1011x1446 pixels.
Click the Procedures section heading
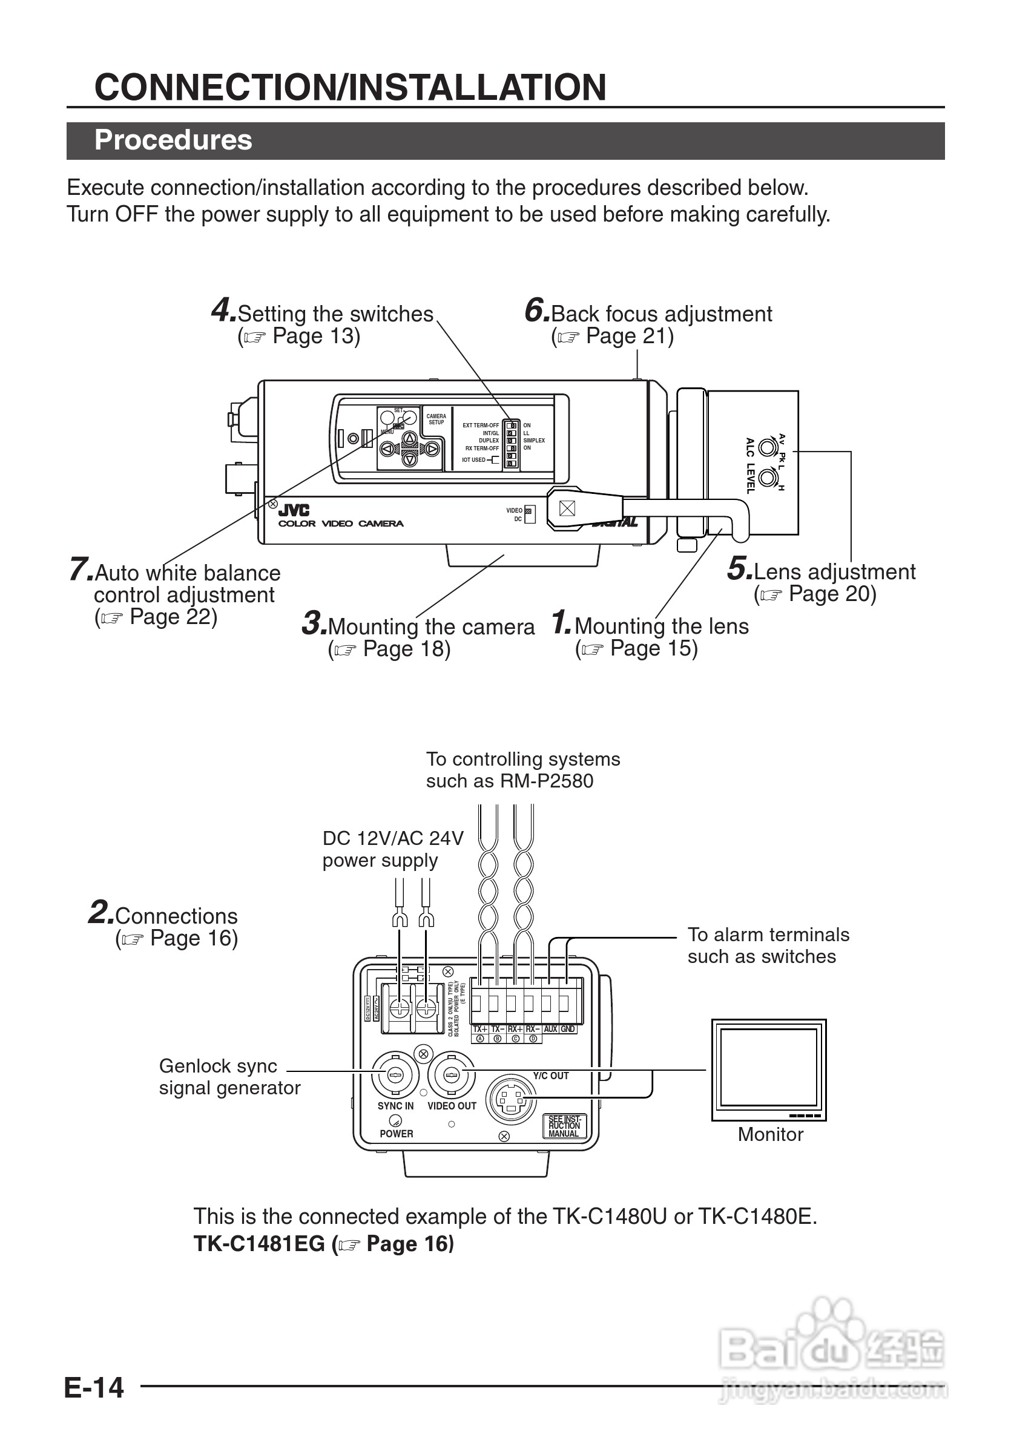point(173,140)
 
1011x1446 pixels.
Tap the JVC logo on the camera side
point(294,510)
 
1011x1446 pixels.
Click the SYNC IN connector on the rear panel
point(395,1074)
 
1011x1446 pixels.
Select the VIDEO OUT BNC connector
point(452,1074)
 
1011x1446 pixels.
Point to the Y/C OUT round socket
point(510,1100)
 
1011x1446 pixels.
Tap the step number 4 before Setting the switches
point(223,311)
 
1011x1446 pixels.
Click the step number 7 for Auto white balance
point(81,570)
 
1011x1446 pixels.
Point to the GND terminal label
point(567,1029)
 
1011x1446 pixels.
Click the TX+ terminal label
point(480,1029)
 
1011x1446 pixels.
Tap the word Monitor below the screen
point(771,1134)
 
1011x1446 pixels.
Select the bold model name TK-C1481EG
point(259,1244)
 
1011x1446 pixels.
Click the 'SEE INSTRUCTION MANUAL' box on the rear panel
point(564,1126)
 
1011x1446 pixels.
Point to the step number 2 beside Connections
point(100,913)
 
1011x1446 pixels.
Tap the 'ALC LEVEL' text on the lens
point(750,465)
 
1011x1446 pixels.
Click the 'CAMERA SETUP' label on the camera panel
point(436,419)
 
